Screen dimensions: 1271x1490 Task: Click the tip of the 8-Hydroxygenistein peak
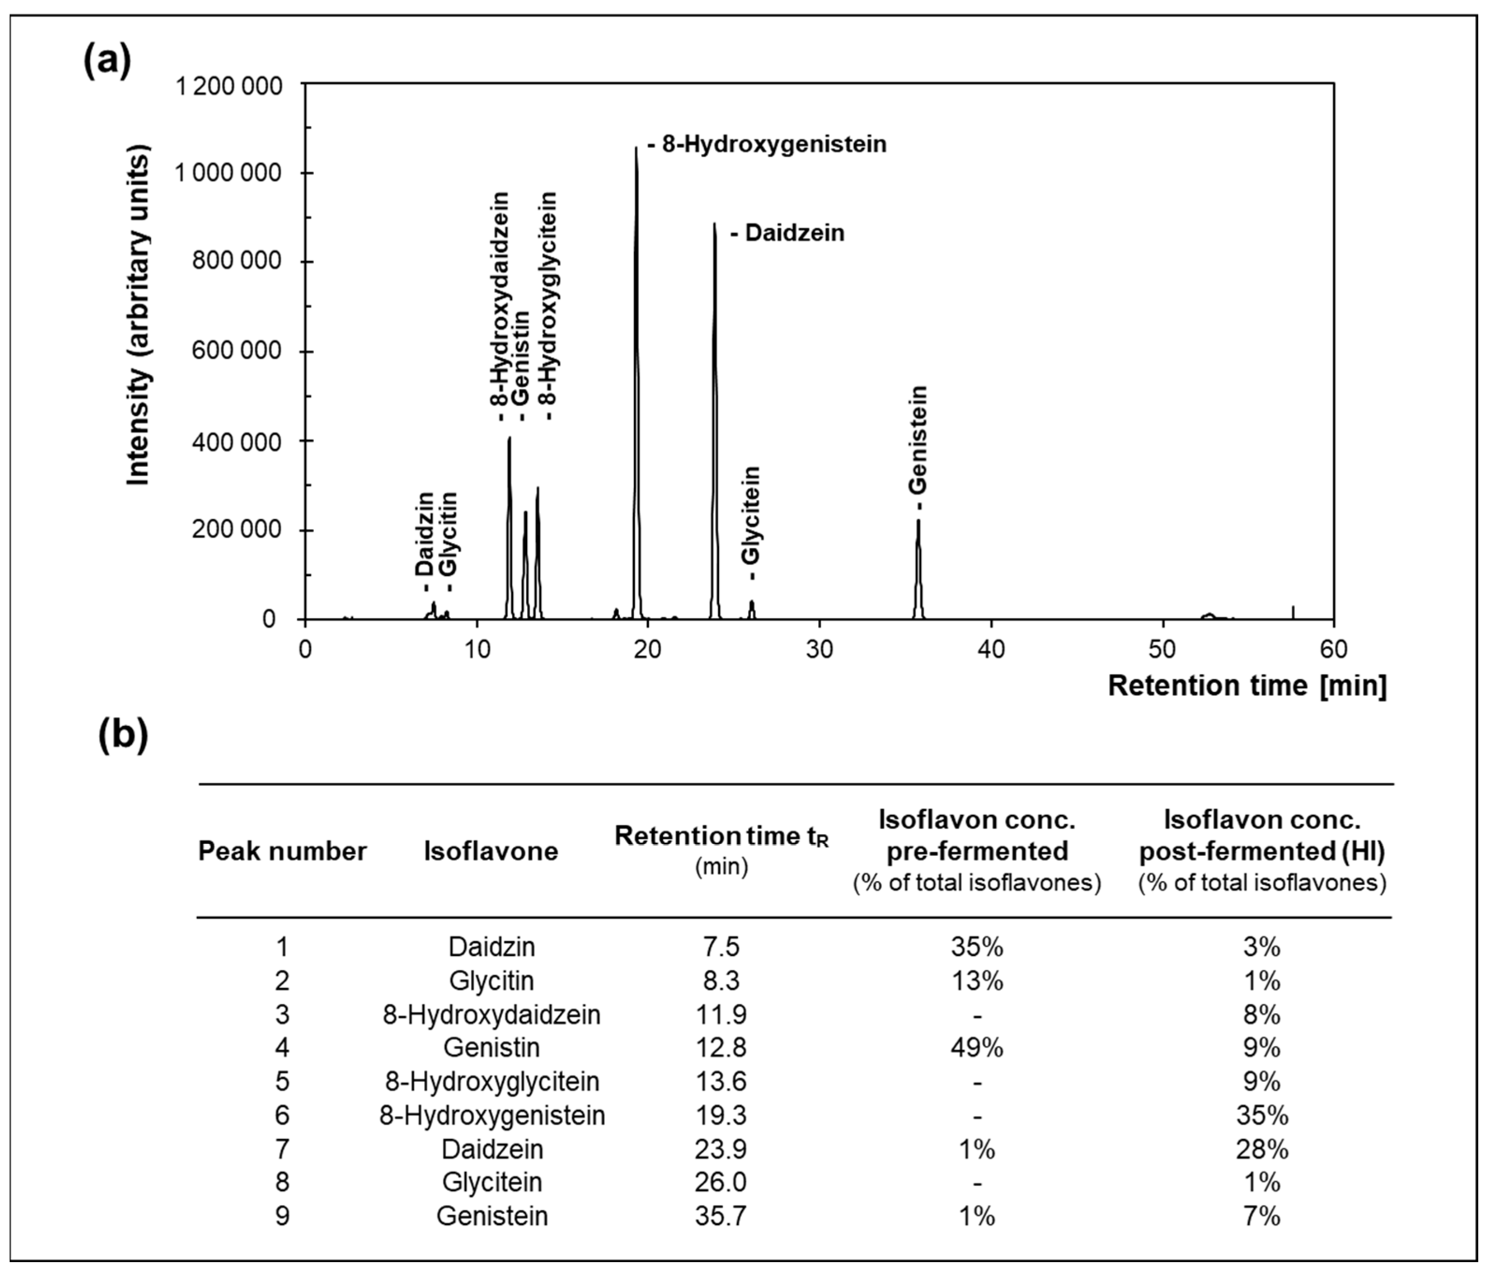click(636, 149)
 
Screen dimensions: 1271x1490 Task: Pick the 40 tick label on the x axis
click(991, 650)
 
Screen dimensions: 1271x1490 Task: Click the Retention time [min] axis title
click(1246, 686)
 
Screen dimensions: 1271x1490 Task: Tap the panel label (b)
click(123, 734)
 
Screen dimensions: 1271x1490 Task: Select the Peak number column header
click(282, 851)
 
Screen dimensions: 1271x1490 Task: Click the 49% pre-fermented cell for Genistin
click(976, 1047)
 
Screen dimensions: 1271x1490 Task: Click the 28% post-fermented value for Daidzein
click(1261, 1149)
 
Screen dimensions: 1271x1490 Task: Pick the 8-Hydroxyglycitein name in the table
click(492, 1081)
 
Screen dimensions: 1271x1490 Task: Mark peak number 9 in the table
click(282, 1216)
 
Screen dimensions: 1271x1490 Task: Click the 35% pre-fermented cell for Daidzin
click(976, 947)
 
